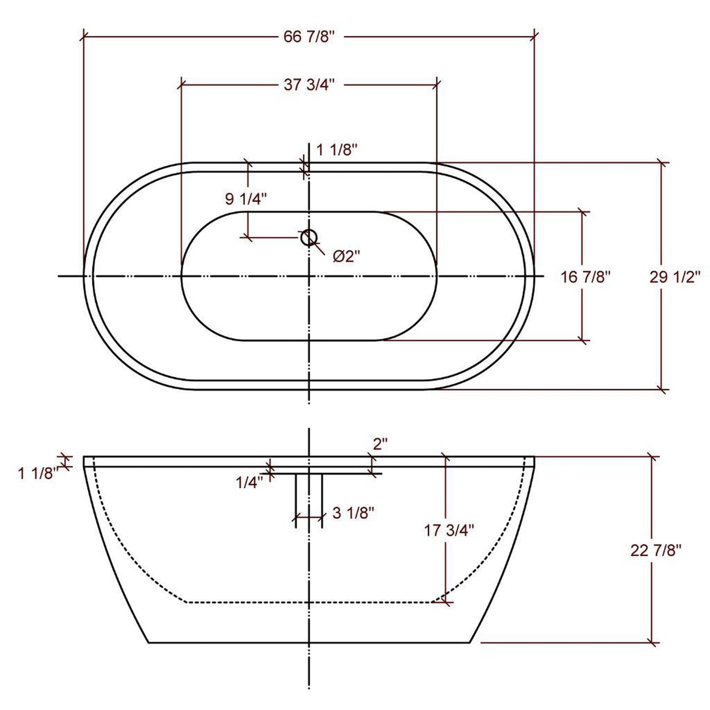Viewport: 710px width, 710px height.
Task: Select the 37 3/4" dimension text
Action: (309, 85)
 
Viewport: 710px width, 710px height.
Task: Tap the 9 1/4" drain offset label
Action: (245, 199)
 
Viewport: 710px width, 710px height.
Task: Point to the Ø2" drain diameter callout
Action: (346, 256)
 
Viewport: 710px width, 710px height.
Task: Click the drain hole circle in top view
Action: (309, 238)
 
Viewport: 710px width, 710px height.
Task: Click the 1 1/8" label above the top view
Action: (336, 150)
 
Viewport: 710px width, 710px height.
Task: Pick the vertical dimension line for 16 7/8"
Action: (583, 314)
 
